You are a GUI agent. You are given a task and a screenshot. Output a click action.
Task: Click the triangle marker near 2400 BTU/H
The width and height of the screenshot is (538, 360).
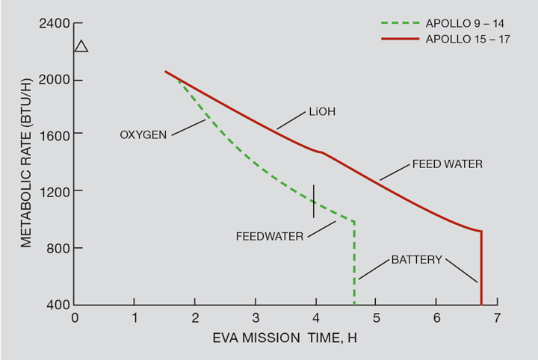(x=81, y=46)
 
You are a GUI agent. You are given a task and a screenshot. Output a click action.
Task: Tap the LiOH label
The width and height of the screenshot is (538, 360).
(x=321, y=113)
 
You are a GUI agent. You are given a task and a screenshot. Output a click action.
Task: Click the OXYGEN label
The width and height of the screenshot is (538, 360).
(x=143, y=135)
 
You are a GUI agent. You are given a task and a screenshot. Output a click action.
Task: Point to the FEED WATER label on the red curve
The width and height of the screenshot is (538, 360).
(x=448, y=164)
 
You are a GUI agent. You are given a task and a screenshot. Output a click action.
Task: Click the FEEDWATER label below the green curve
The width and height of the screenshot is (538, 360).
(x=269, y=236)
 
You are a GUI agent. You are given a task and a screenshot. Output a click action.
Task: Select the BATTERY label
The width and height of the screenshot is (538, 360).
(x=416, y=260)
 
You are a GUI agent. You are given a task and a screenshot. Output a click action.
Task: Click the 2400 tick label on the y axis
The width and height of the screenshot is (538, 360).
(x=55, y=23)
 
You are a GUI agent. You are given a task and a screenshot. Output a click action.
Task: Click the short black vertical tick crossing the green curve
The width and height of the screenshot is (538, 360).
(x=314, y=201)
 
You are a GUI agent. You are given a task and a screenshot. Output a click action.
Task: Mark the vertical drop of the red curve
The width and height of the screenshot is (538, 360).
(x=481, y=269)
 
